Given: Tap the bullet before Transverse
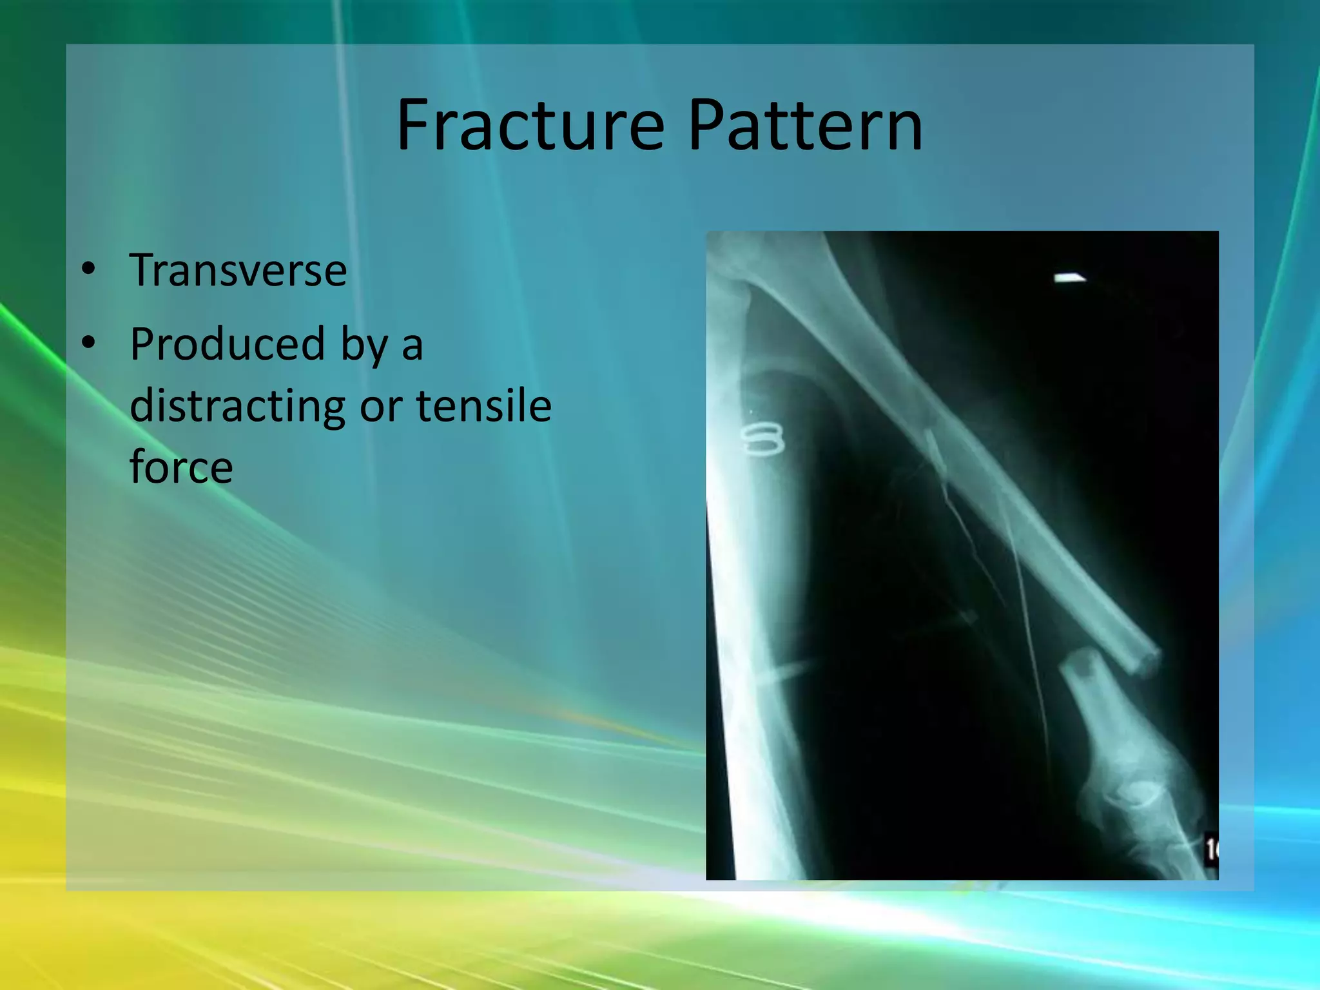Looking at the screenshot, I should click(88, 269).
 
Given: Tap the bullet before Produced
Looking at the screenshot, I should click(88, 343).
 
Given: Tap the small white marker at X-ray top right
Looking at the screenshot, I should click(1069, 278).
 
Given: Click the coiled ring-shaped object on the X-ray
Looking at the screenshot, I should click(762, 440).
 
